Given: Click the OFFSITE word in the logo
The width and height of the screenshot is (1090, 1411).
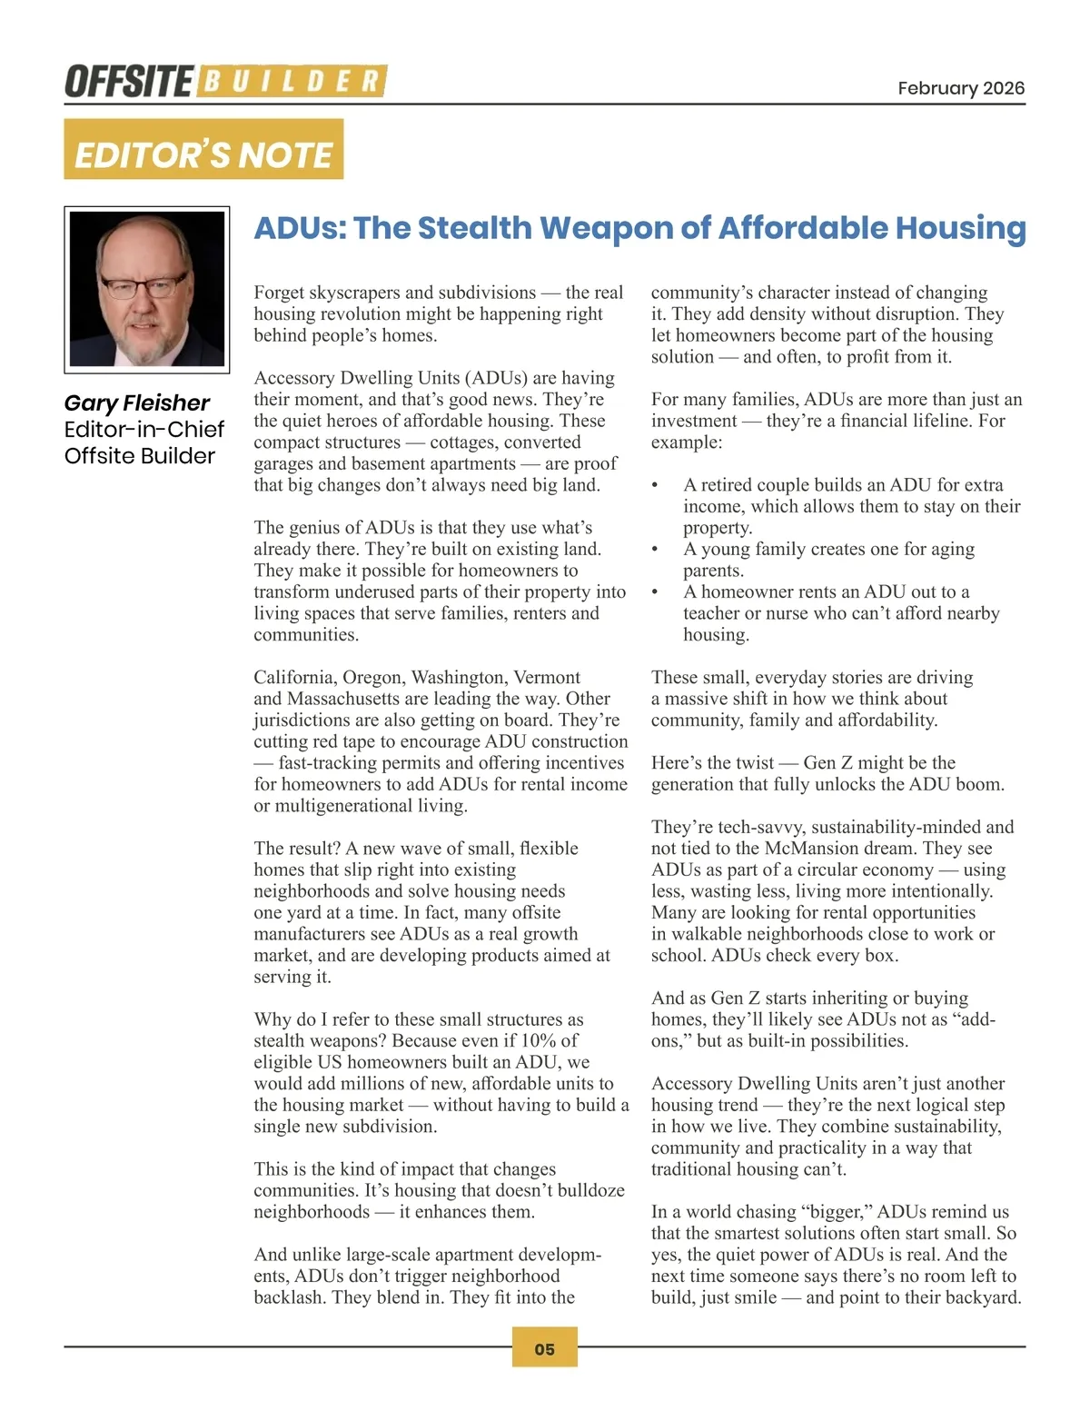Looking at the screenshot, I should point(128,82).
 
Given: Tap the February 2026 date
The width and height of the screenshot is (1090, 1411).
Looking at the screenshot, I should point(960,88).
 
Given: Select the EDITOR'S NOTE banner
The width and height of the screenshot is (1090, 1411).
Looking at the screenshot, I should point(203,150).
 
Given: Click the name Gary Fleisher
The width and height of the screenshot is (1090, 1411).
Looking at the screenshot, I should point(136,402).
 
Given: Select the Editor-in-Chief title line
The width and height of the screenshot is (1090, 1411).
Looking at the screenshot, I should point(144,429).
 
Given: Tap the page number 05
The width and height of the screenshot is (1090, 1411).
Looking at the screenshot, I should point(544,1348).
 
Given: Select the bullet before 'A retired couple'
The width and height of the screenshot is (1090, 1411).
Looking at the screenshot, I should point(655,485).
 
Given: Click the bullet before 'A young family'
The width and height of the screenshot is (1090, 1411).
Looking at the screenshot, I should point(655,549).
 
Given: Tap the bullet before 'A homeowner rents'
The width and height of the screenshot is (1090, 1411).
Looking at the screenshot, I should point(655,591).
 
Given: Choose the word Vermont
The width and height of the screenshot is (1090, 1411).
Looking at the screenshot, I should point(547,677).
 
